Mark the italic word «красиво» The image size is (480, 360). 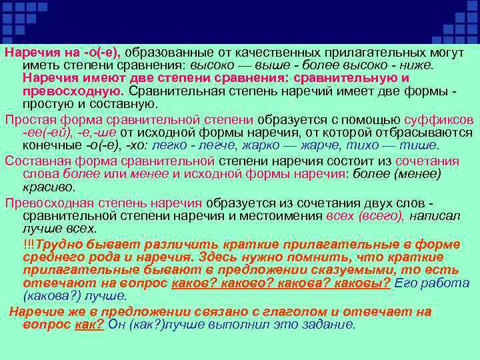[x=47, y=187]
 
